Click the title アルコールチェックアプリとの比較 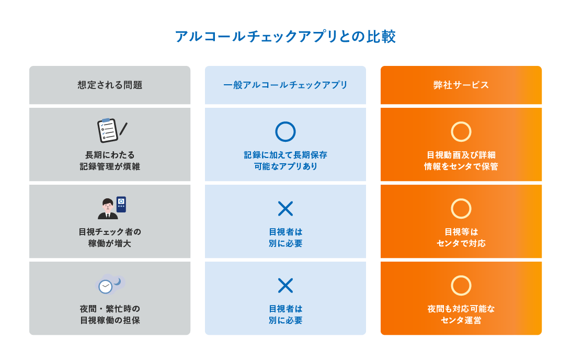pyautogui.click(x=285, y=37)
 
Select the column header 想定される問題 pyautogui.click(x=110, y=85)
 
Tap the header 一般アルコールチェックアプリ pyautogui.click(x=285, y=85)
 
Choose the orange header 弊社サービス pyautogui.click(x=461, y=85)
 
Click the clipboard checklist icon pyautogui.click(x=107, y=130)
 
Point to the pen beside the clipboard pyautogui.click(x=123, y=129)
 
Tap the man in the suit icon pyautogui.click(x=107, y=209)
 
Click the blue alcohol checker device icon pyautogui.click(x=121, y=204)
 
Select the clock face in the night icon pyautogui.click(x=106, y=286)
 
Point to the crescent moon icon pyautogui.click(x=118, y=281)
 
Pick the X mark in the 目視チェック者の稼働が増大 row pyautogui.click(x=285, y=209)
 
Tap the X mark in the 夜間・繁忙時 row pyautogui.click(x=285, y=286)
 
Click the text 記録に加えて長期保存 pyautogui.click(x=285, y=155)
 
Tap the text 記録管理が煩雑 pyautogui.click(x=110, y=166)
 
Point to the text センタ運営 pyautogui.click(x=461, y=320)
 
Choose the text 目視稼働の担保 pyautogui.click(x=110, y=320)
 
